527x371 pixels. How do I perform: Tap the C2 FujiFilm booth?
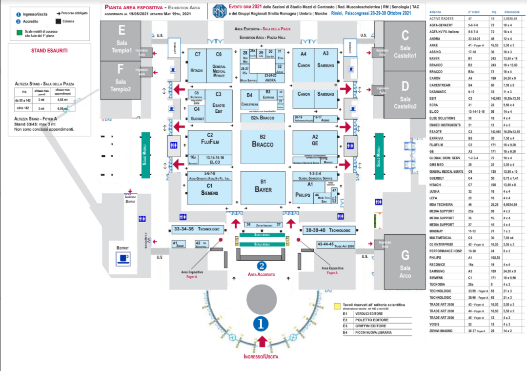[x=209, y=142]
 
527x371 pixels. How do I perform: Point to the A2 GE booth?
[x=315, y=141]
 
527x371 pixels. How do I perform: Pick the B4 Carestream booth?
[x=249, y=99]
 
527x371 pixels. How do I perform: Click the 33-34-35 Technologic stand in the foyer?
[x=197, y=229]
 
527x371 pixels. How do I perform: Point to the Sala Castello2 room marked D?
[x=405, y=96]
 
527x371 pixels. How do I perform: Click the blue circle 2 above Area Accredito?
[x=262, y=266]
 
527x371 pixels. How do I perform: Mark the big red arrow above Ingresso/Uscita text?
[x=262, y=342]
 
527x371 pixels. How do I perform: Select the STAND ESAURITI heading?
[x=49, y=51]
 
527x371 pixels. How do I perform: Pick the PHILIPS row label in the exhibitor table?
[x=436, y=257]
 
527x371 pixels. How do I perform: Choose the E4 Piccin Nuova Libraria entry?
[x=371, y=332]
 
